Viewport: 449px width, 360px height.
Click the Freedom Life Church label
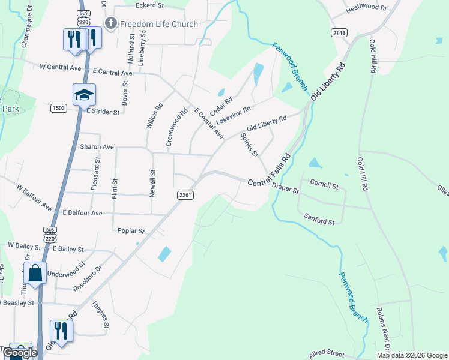pos(159,24)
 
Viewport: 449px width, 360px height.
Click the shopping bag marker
pos(35,273)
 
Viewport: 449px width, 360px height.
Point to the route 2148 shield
pos(339,32)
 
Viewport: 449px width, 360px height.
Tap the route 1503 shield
pos(58,108)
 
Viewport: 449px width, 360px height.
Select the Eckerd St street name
pos(149,6)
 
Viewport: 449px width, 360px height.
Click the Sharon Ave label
pos(97,147)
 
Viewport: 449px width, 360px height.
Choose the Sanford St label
pos(319,218)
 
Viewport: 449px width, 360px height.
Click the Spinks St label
pos(249,145)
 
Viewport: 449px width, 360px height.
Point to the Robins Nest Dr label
pos(382,330)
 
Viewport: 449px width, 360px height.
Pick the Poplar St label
pos(131,230)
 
